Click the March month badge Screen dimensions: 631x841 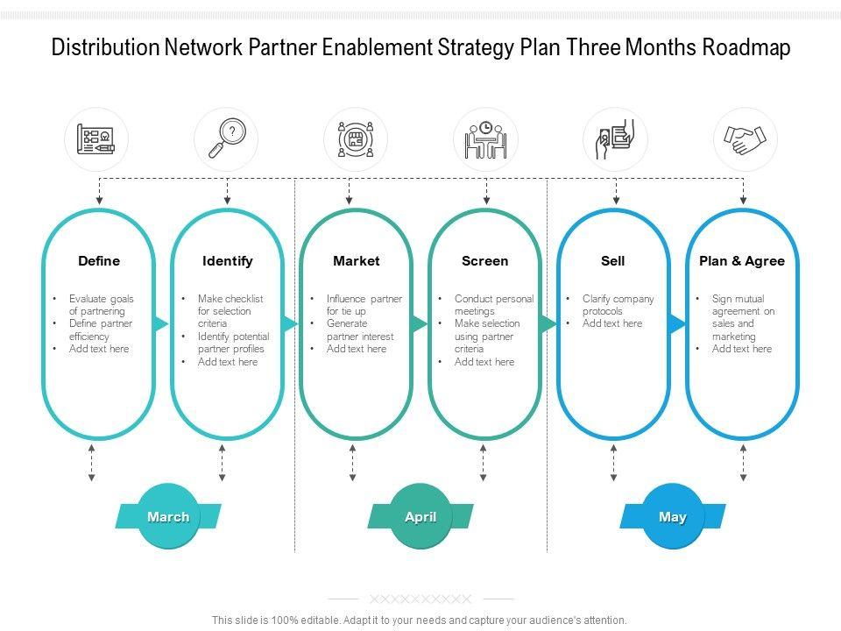click(168, 516)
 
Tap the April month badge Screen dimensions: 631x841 click(420, 516)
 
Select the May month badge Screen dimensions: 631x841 click(673, 516)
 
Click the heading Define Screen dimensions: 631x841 click(99, 261)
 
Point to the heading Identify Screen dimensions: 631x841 click(228, 261)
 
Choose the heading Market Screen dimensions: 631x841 click(357, 261)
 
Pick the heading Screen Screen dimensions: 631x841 click(485, 261)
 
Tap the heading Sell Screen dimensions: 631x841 click(613, 261)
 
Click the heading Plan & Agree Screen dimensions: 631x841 click(742, 261)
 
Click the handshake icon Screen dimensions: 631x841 click(746, 139)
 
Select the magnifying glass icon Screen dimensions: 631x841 click(226, 139)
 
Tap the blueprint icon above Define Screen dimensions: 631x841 click(96, 139)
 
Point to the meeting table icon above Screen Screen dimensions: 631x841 click(485, 139)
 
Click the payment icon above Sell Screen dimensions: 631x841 click(615, 139)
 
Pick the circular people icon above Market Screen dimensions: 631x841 click(356, 139)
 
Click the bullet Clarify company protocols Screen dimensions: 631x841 click(618, 305)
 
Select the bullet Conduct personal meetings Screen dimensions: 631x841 click(493, 305)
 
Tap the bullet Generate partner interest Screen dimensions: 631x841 click(359, 330)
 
